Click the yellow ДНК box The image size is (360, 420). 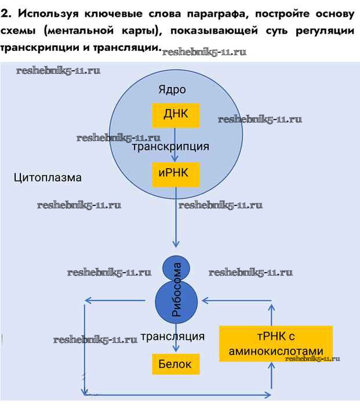pyautogui.click(x=176, y=115)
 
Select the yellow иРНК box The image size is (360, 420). pyautogui.click(x=176, y=174)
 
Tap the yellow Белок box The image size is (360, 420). pyautogui.click(x=175, y=364)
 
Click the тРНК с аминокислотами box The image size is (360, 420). pyautogui.click(x=276, y=343)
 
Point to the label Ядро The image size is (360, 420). pyautogui.click(x=172, y=89)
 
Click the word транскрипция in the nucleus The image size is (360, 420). pyautogui.click(x=170, y=147)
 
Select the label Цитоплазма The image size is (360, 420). pyautogui.click(x=48, y=178)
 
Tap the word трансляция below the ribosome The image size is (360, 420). pyautogui.click(x=172, y=336)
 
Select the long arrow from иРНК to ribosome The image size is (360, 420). pyautogui.click(x=176, y=223)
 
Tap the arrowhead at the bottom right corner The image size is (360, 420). pyautogui.click(x=267, y=395)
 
